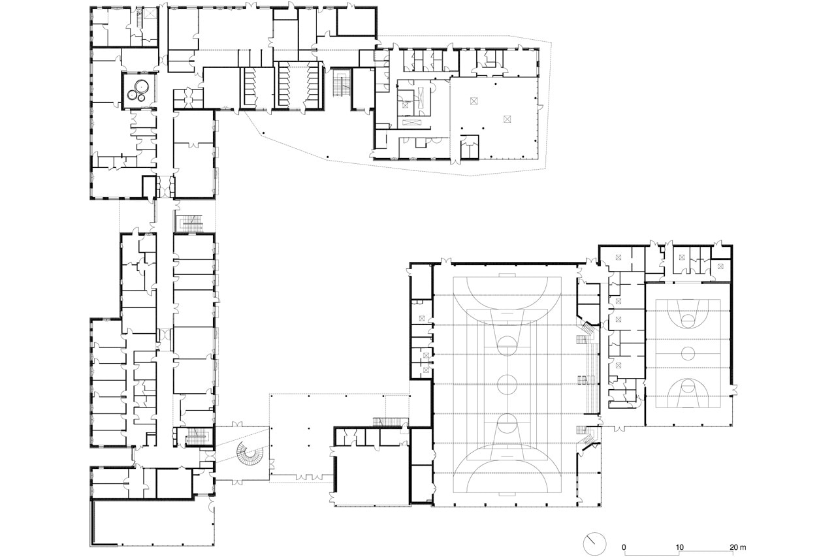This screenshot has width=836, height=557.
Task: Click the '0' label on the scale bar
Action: click(624, 547)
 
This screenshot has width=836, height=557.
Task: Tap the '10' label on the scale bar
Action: click(680, 547)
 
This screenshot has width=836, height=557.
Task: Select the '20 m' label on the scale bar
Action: click(738, 547)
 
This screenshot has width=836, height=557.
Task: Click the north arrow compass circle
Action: click(595, 543)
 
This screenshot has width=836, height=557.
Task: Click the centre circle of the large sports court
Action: click(507, 384)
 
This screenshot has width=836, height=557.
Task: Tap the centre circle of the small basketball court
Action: click(688, 353)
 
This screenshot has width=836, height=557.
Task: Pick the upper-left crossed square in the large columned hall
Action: click(474, 101)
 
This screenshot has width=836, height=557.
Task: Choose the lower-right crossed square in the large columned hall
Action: click(507, 119)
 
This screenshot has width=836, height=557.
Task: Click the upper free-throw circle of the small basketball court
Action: click(688, 319)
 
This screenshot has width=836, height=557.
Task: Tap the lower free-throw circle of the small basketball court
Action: click(688, 385)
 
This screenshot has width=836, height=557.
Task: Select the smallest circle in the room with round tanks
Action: click(142, 98)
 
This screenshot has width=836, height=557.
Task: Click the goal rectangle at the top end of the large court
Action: click(507, 276)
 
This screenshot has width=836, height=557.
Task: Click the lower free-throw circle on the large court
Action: click(507, 423)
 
